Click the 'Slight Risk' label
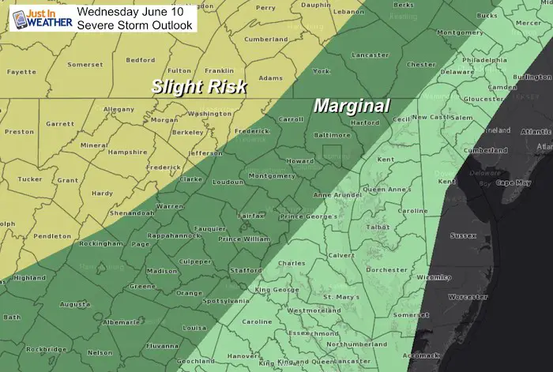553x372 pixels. [x=200, y=86]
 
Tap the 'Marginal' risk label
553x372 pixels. [x=352, y=105]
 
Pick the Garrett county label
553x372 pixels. [x=60, y=124]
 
